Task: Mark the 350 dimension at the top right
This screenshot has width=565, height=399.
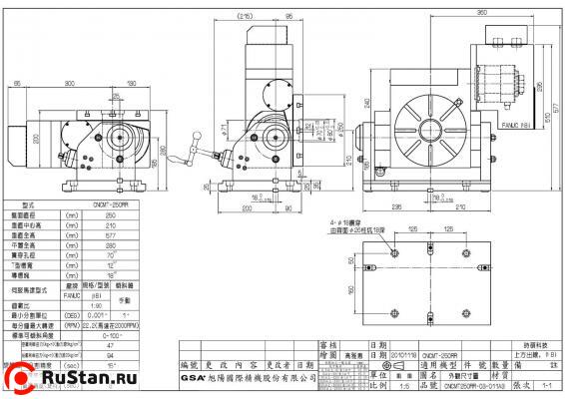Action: pos(454,12)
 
